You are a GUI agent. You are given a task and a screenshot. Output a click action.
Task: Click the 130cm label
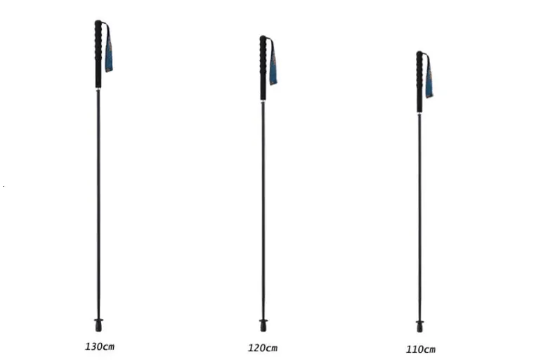pos(100,346)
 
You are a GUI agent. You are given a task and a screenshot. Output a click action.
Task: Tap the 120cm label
pos(263,348)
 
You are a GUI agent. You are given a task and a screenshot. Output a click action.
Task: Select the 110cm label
pos(421,349)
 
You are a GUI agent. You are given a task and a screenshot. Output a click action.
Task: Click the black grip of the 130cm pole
pos(98,54)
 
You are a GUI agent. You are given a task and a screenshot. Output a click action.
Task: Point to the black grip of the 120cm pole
pos(263,68)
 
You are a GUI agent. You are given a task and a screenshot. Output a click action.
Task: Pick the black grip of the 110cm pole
pos(419,82)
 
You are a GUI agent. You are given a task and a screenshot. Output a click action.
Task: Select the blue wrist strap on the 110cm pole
pos(429,76)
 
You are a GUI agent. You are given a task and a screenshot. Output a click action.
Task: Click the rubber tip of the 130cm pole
pos(99,325)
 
